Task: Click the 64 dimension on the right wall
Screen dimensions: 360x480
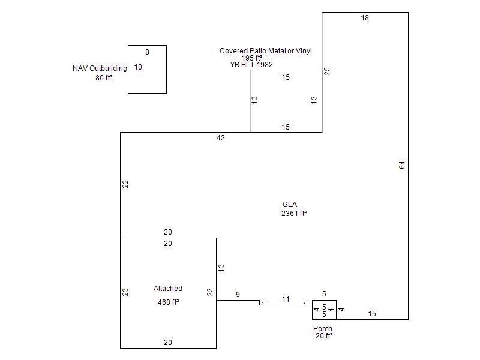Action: [x=402, y=165]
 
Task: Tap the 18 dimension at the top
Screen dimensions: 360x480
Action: [x=365, y=18]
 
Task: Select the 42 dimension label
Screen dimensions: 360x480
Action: [x=221, y=138]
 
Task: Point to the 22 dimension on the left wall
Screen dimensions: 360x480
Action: [x=126, y=184]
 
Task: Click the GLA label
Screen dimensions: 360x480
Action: [x=290, y=205]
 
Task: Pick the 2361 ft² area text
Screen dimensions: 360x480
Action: [x=294, y=213]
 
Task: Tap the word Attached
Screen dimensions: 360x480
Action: [x=168, y=289]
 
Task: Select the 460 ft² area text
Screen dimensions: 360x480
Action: [x=169, y=302]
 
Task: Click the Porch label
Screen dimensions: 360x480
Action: [x=323, y=329]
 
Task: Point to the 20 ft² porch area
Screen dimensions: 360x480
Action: [x=324, y=336]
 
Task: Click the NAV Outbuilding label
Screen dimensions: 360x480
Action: [x=100, y=68]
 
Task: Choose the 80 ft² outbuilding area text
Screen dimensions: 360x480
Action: [x=104, y=77]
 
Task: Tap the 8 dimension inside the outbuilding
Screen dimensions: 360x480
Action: [x=147, y=52]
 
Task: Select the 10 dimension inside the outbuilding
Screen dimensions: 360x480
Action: [x=138, y=67]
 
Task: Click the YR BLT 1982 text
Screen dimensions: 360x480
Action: [x=252, y=64]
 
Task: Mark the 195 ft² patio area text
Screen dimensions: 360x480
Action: [x=253, y=58]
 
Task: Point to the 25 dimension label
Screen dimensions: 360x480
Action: [x=327, y=71]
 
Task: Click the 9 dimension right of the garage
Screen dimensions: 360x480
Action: [x=238, y=294]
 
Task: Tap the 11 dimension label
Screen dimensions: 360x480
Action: [x=286, y=299]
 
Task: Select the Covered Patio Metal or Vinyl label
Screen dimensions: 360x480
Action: [x=266, y=51]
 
